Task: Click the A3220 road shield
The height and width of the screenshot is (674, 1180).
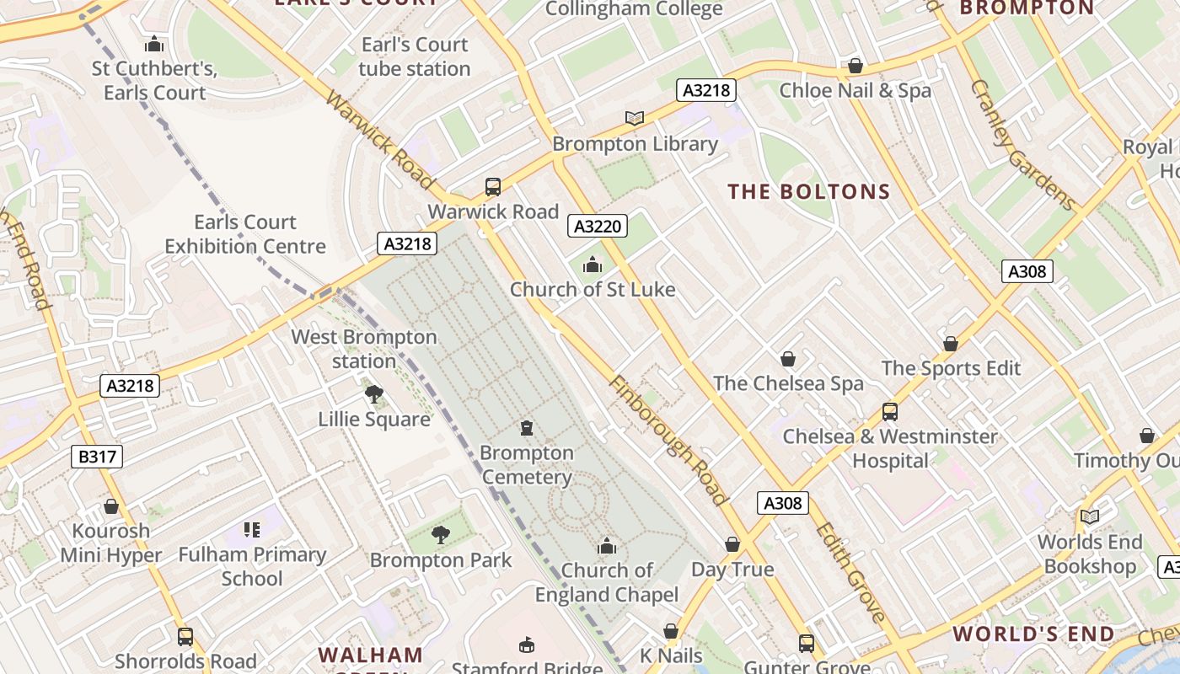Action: [x=598, y=226]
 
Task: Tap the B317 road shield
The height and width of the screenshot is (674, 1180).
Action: [x=97, y=457]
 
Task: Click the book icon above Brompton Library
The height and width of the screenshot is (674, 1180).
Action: [x=634, y=119]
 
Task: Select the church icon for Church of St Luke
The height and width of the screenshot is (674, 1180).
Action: [x=593, y=265]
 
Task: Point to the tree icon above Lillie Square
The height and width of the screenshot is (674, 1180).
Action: [x=373, y=393]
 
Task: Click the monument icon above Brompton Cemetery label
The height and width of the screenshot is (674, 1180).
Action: [x=527, y=428]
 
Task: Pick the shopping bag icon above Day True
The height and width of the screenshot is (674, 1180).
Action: [x=732, y=544]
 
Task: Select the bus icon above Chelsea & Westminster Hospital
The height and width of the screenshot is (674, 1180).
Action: [x=890, y=412]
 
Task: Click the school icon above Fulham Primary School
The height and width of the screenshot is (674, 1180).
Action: [x=251, y=530]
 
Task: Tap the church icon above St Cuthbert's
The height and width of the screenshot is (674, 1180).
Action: [x=154, y=44]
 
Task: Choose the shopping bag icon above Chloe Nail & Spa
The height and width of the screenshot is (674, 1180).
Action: [x=855, y=66]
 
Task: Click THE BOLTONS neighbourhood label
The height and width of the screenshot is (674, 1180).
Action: [x=809, y=192]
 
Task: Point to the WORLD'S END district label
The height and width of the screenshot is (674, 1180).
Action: [x=1033, y=634]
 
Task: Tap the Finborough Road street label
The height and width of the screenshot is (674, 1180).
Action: [x=668, y=441]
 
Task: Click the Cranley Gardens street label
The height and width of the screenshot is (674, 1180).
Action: [x=1022, y=145]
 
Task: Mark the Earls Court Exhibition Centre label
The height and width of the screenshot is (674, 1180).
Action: [x=245, y=234]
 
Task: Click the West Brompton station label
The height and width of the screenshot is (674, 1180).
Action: [x=364, y=349]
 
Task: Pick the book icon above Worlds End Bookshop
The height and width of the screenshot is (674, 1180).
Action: [x=1090, y=516]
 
